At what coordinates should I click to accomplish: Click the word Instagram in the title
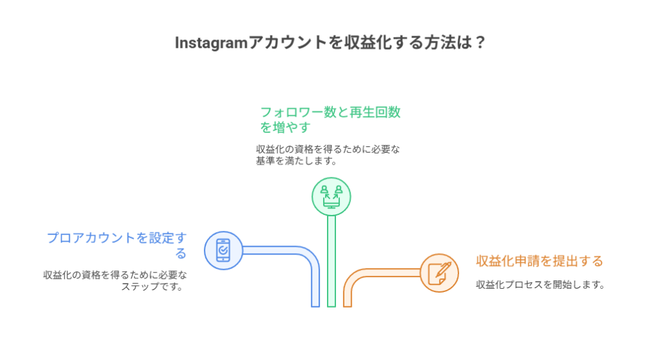pos(212,43)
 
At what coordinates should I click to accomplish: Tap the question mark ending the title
pos(480,43)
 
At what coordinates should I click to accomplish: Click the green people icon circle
pos(331,196)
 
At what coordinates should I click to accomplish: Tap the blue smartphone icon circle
pos(223,250)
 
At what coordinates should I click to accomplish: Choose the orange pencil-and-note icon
pos(439,273)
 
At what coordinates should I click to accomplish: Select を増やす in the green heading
pos(285,127)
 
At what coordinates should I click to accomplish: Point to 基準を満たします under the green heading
pos(296,161)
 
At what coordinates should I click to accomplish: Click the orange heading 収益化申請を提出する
pos(539,262)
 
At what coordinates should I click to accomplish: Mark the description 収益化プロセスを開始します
pos(539,284)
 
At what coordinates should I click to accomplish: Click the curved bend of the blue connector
pos(309,257)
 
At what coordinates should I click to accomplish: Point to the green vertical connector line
pos(331,259)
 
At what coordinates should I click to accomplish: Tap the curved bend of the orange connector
pos(353,279)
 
